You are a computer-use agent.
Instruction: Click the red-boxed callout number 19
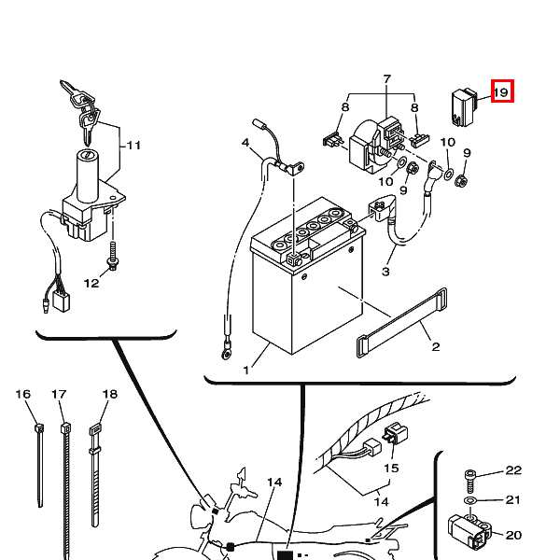(502, 91)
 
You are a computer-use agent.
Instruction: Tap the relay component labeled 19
(464, 107)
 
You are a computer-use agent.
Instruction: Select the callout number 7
(386, 79)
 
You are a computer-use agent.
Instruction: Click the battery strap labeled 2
(401, 323)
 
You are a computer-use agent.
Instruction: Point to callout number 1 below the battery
(245, 371)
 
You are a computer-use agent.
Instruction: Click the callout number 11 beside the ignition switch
(133, 146)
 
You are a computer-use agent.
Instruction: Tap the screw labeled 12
(113, 256)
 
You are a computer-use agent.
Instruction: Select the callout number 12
(91, 283)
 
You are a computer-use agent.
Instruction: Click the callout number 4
(245, 143)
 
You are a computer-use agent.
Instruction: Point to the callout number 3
(385, 272)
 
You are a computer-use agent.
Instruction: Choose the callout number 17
(59, 394)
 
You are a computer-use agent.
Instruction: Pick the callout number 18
(109, 394)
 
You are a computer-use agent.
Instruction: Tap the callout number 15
(391, 468)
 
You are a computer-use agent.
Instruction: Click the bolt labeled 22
(470, 482)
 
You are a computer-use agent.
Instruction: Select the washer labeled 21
(470, 499)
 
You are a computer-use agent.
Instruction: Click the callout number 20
(513, 535)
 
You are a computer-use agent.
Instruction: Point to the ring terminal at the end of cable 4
(226, 353)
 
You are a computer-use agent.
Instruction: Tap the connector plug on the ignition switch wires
(61, 301)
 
